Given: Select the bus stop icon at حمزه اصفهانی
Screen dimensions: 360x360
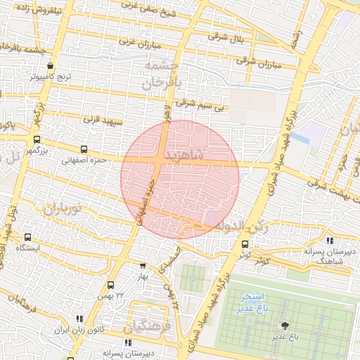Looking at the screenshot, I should pyautogui.click(x=84, y=149).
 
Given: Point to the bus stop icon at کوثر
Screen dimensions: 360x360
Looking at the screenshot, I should pyautogui.click(x=245, y=245).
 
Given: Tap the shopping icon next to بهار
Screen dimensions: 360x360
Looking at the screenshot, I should pyautogui.click(x=143, y=266).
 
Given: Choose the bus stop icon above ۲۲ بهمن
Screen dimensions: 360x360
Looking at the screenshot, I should pyautogui.click(x=110, y=285).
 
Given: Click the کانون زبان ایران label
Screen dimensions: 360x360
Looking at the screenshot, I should pyautogui.click(x=81, y=329).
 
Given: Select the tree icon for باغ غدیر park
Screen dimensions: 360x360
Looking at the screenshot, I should pyautogui.click(x=285, y=326).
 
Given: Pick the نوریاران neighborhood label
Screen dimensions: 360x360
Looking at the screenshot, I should pyautogui.click(x=63, y=209).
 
